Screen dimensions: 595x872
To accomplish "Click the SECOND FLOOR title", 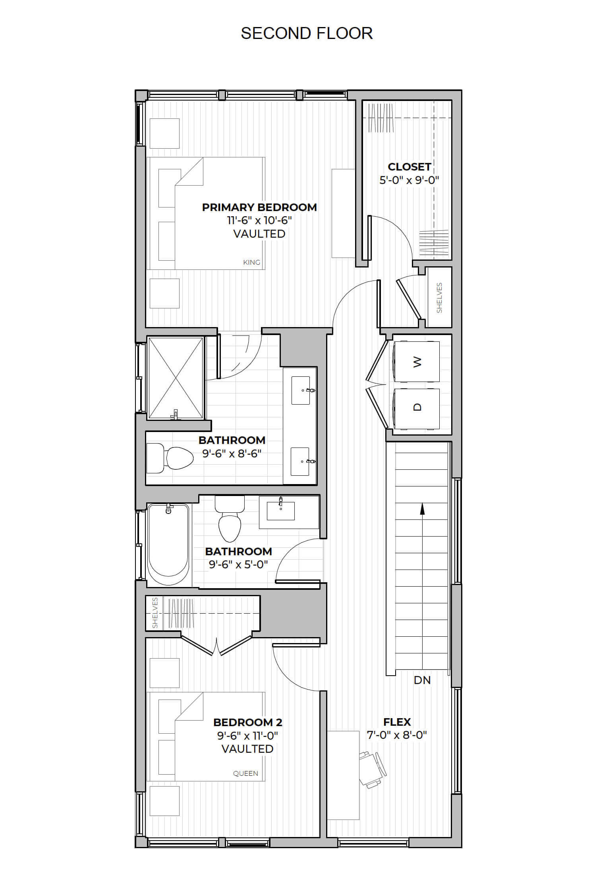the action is click(307, 33).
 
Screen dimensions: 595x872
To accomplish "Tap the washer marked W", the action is click(417, 361).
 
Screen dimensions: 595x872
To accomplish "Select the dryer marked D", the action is click(417, 408).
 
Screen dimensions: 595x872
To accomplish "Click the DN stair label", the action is click(422, 680).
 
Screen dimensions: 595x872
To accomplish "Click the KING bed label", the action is click(252, 262).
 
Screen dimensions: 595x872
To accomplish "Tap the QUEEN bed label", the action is click(245, 773).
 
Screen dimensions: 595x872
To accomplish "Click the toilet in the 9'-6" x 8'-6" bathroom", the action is click(170, 458).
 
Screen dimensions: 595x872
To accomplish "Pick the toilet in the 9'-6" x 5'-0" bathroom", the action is click(230, 518).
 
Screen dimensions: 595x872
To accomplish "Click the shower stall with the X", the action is click(176, 378).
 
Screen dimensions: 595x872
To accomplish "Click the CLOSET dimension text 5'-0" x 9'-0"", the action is click(409, 180).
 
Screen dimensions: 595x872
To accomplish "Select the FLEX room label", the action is click(397, 722).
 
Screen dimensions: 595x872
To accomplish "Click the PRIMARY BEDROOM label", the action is click(259, 207).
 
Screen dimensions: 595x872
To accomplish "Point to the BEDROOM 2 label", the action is click(248, 722).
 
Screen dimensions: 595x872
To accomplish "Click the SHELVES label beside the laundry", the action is click(439, 298).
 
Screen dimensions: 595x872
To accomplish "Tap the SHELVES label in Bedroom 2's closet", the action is click(155, 613).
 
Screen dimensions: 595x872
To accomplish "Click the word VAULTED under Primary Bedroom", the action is click(259, 234).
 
